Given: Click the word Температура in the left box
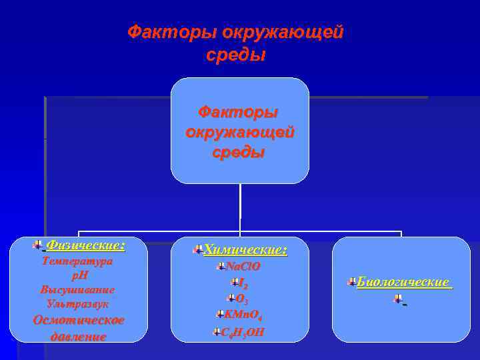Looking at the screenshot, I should point(77,261).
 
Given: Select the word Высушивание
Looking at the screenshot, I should point(77,289).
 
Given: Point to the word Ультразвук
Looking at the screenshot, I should point(77,303).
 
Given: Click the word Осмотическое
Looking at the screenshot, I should point(79,320).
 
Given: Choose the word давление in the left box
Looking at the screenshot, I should point(78,336).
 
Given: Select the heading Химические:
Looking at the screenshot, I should point(245,250).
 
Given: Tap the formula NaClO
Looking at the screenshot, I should point(243,267).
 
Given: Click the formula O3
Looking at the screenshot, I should point(242,299).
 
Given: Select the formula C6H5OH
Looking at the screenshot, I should point(242,331).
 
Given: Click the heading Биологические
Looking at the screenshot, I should point(403,282).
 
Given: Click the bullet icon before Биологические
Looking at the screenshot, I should point(351,283).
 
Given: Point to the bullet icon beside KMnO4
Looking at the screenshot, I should point(219,314).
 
